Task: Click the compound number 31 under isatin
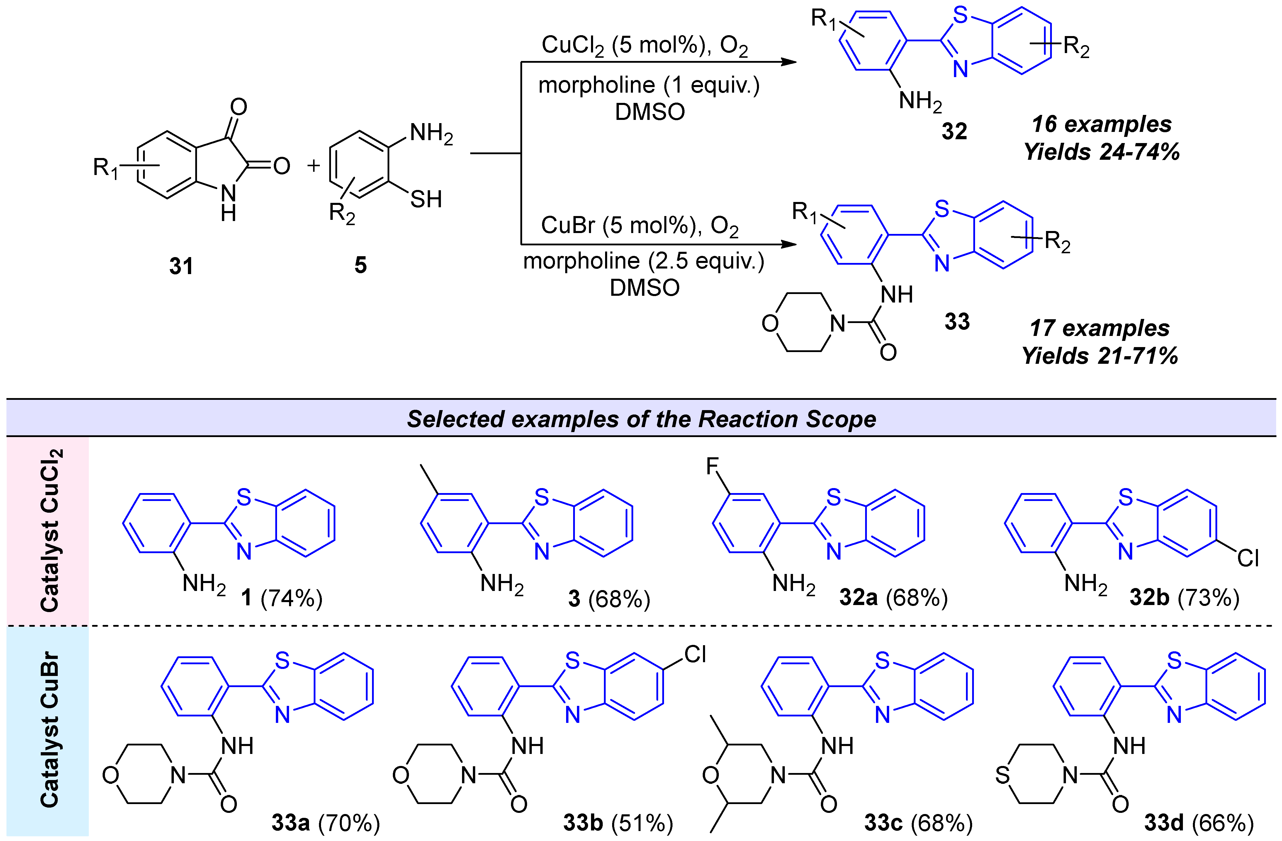click(x=181, y=266)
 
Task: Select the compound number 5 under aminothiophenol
click(x=360, y=265)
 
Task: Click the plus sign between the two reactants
click(x=313, y=165)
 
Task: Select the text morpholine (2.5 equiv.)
click(x=644, y=261)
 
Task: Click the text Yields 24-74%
click(x=1101, y=152)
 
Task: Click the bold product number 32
click(x=954, y=131)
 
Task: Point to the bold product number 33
click(x=957, y=322)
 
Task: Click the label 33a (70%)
click(x=325, y=823)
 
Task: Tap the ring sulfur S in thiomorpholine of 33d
click(x=1002, y=775)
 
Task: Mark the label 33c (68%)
click(x=918, y=823)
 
